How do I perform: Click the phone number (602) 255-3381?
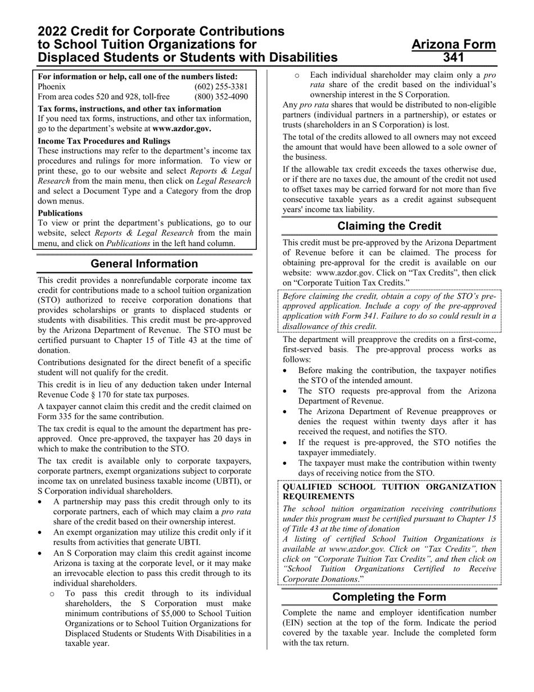tap(221, 87)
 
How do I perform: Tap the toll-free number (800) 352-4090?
tap(221, 97)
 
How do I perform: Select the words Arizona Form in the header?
tap(454, 44)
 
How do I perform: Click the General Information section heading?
tap(144, 264)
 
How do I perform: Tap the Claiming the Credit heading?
tap(389, 226)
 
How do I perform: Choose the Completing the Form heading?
tap(389, 597)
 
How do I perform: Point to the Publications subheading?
tap(60, 213)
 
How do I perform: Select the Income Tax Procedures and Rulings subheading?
tap(104, 141)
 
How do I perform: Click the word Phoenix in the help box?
tap(52, 87)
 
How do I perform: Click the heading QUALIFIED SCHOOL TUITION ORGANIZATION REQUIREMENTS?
tap(389, 491)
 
